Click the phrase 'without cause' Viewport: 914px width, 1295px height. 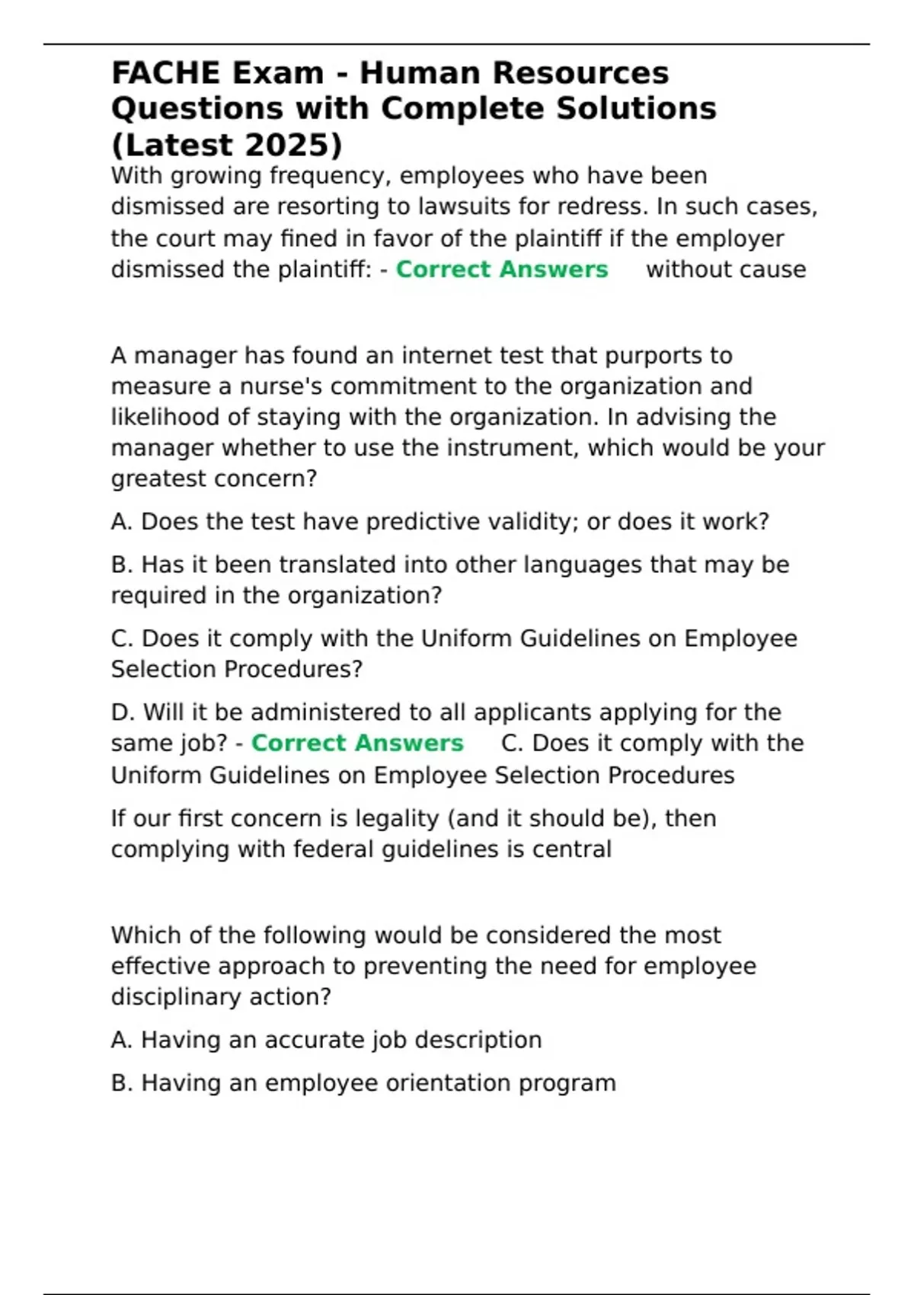726,269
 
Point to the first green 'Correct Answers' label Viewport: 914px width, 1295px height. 502,269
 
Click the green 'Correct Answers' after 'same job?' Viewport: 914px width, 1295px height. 357,743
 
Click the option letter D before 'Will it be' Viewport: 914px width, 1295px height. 121,712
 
